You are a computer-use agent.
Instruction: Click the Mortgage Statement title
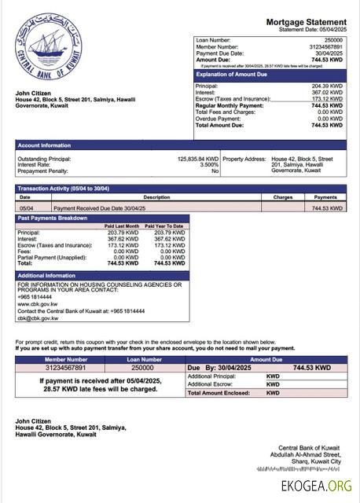(x=306, y=22)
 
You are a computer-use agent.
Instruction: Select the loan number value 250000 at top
(x=333, y=39)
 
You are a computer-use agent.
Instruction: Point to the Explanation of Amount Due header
(x=238, y=73)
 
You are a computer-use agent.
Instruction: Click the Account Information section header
(x=45, y=145)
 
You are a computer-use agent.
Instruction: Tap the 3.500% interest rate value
(x=208, y=164)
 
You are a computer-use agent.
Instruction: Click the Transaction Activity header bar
(x=63, y=189)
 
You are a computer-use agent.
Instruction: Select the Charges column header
(x=283, y=197)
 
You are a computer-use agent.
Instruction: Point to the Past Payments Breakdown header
(x=53, y=218)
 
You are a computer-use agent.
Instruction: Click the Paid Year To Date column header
(x=169, y=226)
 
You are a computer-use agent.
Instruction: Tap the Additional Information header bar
(x=46, y=276)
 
